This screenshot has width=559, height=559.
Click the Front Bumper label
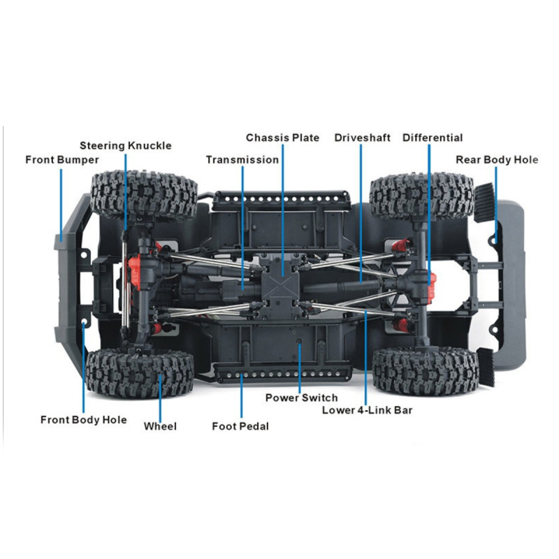coord(62,160)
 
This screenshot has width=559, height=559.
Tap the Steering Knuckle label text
coord(126,146)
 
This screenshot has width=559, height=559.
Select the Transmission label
coord(242,160)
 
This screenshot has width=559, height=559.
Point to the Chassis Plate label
coord(282,138)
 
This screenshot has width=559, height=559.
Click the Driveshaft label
coord(362,138)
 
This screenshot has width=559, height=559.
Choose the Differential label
coord(433,138)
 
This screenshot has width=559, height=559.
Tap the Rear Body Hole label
coord(497,160)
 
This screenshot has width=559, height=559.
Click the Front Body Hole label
coord(83,420)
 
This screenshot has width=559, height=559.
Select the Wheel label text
coord(160,426)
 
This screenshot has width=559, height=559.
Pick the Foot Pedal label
coord(240,426)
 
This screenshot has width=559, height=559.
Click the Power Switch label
coord(301,398)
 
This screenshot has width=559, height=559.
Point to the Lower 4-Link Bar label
coord(368,410)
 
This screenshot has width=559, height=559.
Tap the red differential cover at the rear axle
coord(432,284)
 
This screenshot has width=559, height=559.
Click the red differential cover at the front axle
coord(134,270)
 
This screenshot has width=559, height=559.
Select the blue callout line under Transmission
coord(242,228)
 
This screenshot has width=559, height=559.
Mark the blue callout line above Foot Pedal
coord(241,396)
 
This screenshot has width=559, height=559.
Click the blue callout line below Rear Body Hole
coord(495,205)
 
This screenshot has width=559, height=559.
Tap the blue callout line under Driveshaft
coord(361,213)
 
